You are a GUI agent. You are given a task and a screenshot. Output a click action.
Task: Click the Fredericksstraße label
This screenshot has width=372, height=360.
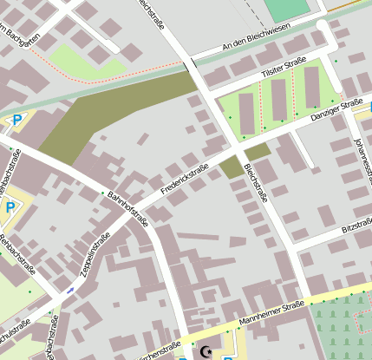185,179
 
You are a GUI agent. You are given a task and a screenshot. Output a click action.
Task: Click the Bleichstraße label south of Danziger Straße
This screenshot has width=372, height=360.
256,182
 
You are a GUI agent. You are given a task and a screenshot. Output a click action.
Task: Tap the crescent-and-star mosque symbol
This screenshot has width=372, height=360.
206,351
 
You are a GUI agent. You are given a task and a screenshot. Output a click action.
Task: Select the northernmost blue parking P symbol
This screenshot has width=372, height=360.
16,121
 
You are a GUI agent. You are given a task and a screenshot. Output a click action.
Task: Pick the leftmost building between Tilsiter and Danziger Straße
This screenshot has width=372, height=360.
246,112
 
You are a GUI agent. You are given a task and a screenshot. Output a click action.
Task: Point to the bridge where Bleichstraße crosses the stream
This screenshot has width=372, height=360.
189,66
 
